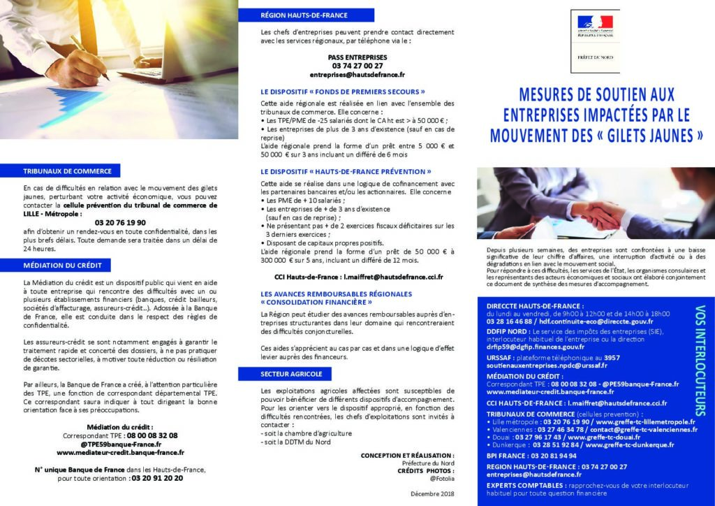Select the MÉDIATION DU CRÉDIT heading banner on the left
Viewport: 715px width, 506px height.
(62, 266)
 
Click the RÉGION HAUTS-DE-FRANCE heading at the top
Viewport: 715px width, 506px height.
(304, 15)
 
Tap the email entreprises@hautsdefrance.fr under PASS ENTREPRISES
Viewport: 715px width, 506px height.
(357, 74)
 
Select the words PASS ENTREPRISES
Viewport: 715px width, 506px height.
(357, 57)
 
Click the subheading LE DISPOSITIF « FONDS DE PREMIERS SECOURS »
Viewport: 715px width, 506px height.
(343, 92)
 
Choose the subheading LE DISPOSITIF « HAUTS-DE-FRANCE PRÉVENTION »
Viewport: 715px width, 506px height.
(346, 171)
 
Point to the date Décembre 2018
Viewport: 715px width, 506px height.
(432, 494)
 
